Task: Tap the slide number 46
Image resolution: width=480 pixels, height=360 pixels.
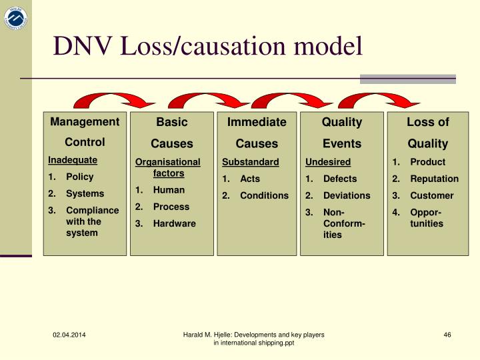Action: coord(447,335)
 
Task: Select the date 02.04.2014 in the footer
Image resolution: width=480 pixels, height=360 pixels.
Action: coord(69,335)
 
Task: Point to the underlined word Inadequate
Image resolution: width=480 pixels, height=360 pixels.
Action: coord(73,160)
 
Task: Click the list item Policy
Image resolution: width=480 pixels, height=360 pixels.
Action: coord(79,177)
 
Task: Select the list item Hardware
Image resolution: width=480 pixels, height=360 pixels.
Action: coord(174,223)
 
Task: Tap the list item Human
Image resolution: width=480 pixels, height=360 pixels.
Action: coord(169,190)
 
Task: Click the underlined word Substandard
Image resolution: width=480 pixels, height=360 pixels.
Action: coord(250,162)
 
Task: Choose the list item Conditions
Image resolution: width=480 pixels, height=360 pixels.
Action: coord(264,195)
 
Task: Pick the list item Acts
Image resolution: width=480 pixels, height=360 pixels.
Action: coord(250,179)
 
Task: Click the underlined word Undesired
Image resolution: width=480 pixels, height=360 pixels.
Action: coord(328,162)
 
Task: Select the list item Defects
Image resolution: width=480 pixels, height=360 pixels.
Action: coord(340,179)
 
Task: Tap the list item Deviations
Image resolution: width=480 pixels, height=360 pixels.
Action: coord(347,195)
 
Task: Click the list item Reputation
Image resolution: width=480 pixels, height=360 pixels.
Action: coord(434,179)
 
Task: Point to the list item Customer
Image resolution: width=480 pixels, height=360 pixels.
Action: coord(431,195)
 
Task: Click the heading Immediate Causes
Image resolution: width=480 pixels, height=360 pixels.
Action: coord(257,133)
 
